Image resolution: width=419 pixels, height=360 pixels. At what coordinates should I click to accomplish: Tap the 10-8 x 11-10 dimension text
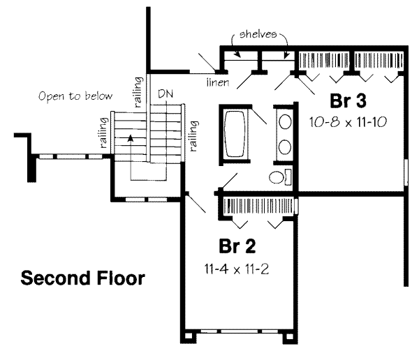(x=348, y=121)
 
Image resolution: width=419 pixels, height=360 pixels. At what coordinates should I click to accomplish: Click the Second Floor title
(x=82, y=279)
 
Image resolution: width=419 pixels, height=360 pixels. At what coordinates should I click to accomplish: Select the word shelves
(x=260, y=33)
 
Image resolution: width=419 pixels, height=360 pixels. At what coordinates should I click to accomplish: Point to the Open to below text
(x=75, y=96)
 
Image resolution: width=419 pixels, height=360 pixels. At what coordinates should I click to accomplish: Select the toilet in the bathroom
(x=279, y=177)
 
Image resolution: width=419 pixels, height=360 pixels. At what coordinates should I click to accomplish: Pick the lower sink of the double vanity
(x=285, y=147)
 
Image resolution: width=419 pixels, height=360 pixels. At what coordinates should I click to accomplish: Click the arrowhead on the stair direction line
(x=129, y=140)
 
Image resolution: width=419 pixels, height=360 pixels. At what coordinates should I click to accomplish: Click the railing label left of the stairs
(x=104, y=133)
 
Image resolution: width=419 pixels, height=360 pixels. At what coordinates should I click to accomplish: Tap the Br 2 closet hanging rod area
(x=256, y=205)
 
